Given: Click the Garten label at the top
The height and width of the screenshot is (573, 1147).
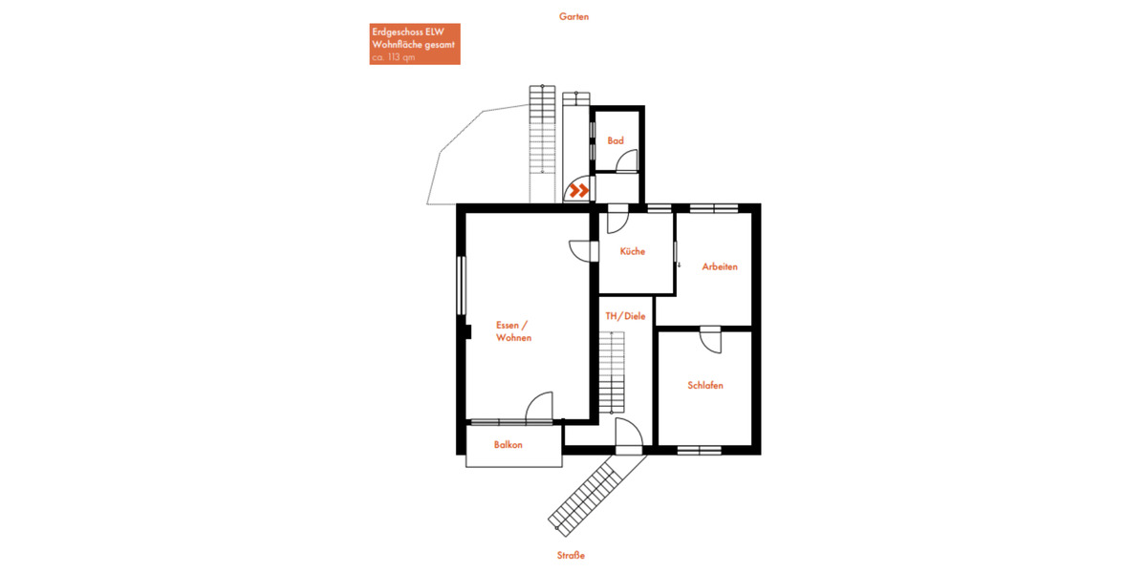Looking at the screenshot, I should pyautogui.click(x=573, y=16).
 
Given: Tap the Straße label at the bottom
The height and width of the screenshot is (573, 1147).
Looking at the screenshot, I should pyautogui.click(x=571, y=556).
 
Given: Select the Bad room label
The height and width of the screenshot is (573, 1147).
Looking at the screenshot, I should pyautogui.click(x=616, y=141).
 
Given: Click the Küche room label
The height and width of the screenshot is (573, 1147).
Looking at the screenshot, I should pyautogui.click(x=632, y=252).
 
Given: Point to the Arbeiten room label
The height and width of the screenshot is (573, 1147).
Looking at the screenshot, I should pyautogui.click(x=720, y=266).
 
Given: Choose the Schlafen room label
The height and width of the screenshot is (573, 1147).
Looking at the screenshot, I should pyautogui.click(x=705, y=386).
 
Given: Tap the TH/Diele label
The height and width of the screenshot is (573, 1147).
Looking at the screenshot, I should pyautogui.click(x=625, y=316).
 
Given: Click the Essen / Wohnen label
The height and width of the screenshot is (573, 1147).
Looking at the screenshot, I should pyautogui.click(x=513, y=331).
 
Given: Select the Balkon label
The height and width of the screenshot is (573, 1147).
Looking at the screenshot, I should pyautogui.click(x=509, y=445).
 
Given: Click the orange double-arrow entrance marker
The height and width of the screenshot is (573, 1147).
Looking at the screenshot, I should pyautogui.click(x=577, y=191).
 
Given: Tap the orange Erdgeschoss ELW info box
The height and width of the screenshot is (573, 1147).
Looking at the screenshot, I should pyautogui.click(x=415, y=44).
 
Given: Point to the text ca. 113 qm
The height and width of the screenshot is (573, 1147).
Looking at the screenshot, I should pyautogui.click(x=394, y=57).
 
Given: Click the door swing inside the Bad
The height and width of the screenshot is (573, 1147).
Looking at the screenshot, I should pyautogui.click(x=625, y=161).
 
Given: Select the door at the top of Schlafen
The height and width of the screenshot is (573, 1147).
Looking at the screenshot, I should pyautogui.click(x=710, y=340).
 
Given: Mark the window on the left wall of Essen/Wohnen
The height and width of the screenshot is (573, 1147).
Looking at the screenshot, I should pyautogui.click(x=462, y=285).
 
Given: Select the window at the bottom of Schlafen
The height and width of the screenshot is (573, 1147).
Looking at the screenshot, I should pyautogui.click(x=699, y=450).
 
